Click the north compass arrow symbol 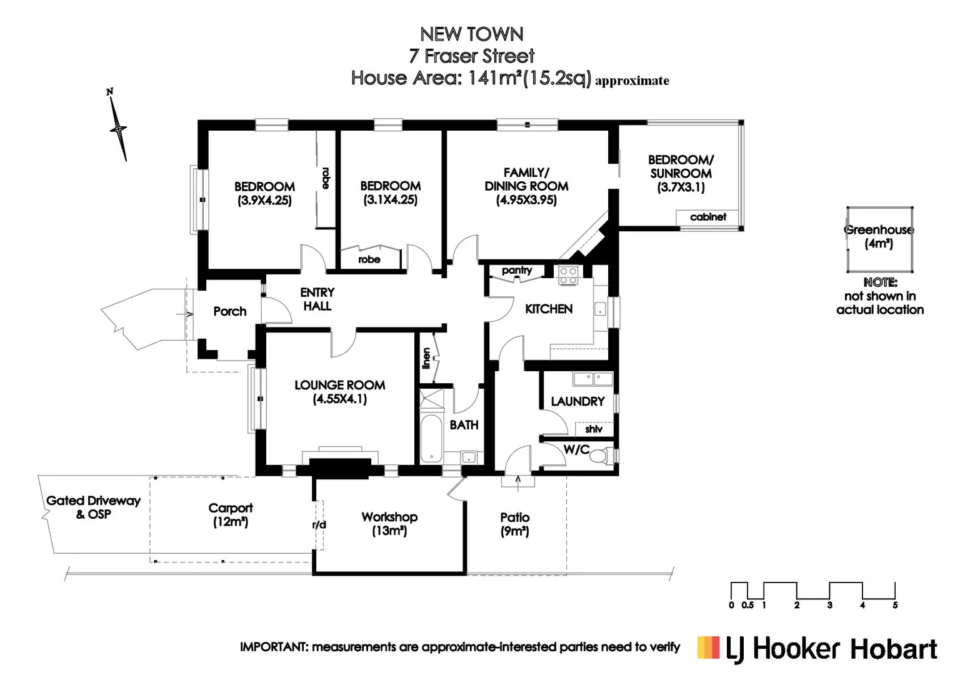[118, 128]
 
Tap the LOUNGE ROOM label [339, 386]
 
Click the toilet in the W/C [601, 456]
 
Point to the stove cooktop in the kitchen [567, 276]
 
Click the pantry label [517, 271]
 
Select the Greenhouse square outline [879, 239]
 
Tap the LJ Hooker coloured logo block [709, 647]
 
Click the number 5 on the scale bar [895, 605]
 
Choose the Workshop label [389, 517]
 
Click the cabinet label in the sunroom [708, 217]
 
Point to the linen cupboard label [427, 358]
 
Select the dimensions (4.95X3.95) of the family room [526, 200]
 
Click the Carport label [231, 508]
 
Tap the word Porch [229, 311]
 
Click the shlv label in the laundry [594, 429]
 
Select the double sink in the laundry [593, 379]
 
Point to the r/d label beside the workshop [319, 525]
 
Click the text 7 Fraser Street [472, 56]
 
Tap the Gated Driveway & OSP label [93, 507]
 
